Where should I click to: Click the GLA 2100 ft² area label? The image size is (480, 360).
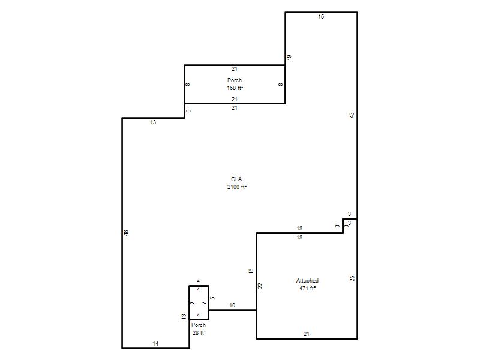click(x=236, y=183)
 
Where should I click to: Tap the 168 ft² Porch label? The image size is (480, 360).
click(x=235, y=84)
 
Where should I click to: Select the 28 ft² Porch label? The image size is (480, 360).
click(x=199, y=329)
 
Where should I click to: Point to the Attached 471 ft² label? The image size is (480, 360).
click(x=307, y=284)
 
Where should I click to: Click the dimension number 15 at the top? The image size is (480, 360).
click(x=321, y=17)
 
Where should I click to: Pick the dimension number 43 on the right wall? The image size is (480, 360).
click(x=352, y=115)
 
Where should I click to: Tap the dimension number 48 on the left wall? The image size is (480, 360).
click(x=127, y=233)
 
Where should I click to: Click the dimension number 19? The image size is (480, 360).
click(x=289, y=57)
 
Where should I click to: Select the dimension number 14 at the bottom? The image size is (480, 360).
click(x=155, y=343)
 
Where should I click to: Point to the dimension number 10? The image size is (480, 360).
click(x=232, y=305)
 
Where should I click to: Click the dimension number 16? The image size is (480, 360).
click(x=251, y=271)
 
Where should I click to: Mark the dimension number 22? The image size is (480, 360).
click(x=260, y=286)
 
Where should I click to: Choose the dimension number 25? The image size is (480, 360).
click(x=352, y=278)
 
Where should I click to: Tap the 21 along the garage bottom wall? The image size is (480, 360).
click(x=307, y=334)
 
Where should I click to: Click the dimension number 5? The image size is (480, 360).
click(x=213, y=298)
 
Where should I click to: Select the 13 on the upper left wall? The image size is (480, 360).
click(x=153, y=122)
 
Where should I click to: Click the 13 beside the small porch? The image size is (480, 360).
click(x=184, y=317)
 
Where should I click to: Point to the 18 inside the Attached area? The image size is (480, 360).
click(x=299, y=237)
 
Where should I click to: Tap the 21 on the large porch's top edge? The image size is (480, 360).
click(x=235, y=69)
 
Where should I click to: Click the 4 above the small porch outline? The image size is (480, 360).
click(x=199, y=281)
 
